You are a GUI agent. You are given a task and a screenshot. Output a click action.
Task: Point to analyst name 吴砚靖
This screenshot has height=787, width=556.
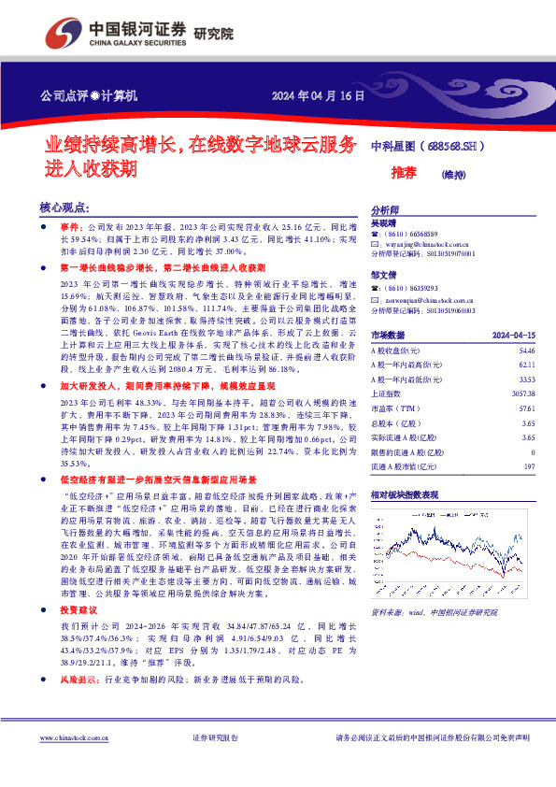click(384, 223)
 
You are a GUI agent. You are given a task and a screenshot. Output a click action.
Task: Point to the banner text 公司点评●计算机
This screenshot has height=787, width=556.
click(89, 95)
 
